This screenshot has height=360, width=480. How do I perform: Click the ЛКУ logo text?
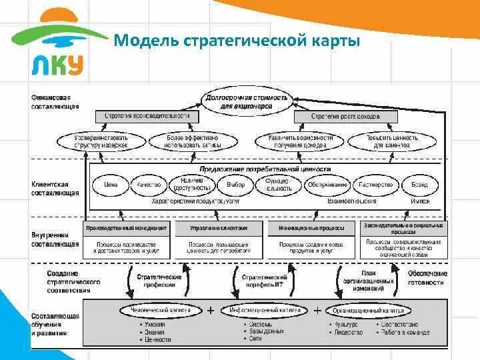57,64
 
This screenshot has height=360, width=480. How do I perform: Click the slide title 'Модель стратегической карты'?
237,41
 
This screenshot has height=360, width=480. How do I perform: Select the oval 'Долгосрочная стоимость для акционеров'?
247,101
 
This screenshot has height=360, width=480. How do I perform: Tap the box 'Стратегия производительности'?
147,117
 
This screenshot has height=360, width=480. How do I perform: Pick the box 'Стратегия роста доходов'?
345,117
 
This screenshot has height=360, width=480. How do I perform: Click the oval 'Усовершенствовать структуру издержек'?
101,141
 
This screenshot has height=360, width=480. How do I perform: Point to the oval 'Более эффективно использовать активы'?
192,141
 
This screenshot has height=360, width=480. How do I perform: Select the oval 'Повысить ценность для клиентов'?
392,141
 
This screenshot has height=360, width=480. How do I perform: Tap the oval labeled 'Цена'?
111,184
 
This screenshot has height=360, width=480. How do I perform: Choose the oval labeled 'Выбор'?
235,184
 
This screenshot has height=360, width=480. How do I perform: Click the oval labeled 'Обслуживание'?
327,184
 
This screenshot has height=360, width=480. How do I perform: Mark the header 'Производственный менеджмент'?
127,228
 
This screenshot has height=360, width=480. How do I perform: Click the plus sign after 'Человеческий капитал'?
211,310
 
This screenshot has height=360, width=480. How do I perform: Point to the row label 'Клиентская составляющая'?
55,188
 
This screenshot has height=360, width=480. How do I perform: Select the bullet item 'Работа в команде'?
403,331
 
